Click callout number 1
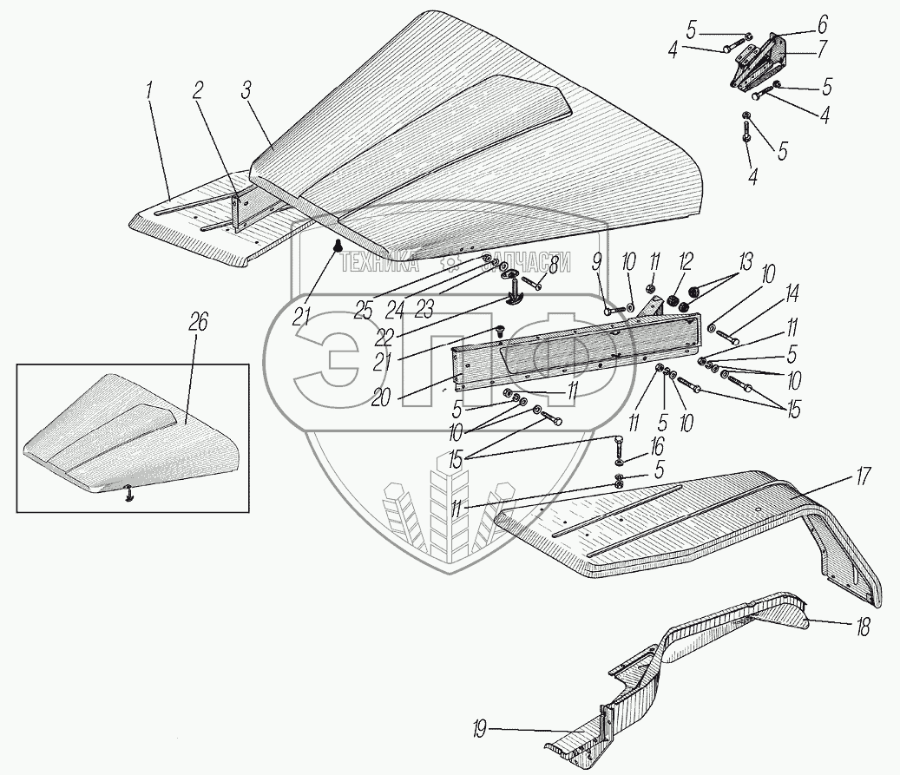pos(150,92)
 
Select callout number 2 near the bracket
pos(198,92)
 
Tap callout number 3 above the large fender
pos(246,92)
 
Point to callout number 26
pos(199,323)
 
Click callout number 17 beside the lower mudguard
pos(864,477)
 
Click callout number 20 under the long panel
pos(380,397)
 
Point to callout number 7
pos(822,49)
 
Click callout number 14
pos(792,294)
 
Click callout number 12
pos(686,263)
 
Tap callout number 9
pos(596,263)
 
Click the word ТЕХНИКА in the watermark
pos(379,264)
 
